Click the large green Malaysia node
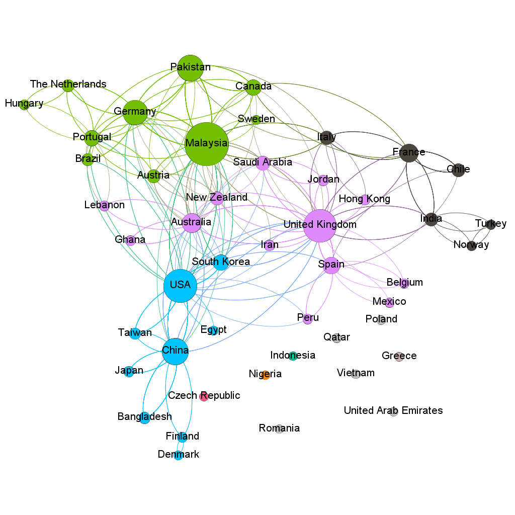206,144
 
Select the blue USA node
180,286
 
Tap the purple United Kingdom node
320,225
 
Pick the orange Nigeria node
266,375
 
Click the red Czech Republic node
204,396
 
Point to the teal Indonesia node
293,356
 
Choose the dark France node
409,152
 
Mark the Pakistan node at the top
190,68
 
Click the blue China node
175,351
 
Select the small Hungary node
24,105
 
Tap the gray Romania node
280,428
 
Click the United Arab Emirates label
393,411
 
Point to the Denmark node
178,456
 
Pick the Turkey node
491,224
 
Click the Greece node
399,357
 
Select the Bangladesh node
145,418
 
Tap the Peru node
308,319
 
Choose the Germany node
134,112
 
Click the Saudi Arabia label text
263,162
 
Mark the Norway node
471,246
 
